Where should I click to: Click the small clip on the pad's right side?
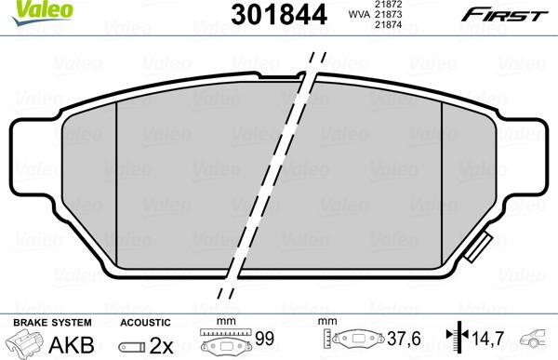(x=481, y=248)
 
